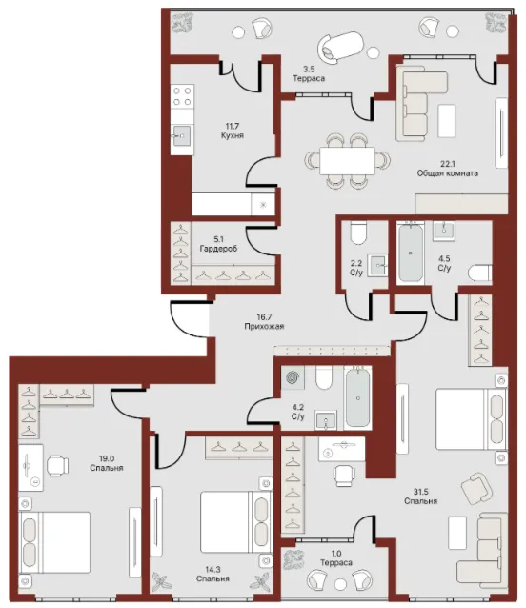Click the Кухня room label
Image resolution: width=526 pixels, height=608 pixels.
pos(233,135)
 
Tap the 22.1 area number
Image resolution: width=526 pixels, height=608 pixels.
pos(447,164)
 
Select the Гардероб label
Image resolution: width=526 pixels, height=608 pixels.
pos(218,249)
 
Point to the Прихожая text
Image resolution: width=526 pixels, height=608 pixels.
pos(264,326)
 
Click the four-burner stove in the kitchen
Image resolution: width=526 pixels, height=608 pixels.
pos(182,96)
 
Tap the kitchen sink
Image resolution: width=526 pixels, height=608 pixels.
pos(182,135)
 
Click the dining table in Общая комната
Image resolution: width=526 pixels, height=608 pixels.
pos(347,160)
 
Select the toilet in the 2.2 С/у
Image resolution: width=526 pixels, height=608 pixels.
pos(358,233)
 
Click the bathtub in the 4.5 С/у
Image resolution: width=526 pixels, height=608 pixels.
pos(411,253)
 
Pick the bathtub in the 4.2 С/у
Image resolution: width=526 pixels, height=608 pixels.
pos(358,397)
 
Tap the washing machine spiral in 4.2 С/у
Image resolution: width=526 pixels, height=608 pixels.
pos(293,377)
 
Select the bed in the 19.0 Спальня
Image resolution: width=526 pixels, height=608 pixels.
pos(54,542)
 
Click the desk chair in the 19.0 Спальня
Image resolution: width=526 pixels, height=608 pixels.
pos(58,465)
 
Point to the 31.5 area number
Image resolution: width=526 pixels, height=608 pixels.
pos(420,492)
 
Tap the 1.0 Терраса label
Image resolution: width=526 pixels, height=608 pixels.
pos(336,558)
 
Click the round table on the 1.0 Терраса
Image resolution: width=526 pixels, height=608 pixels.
pos(340,584)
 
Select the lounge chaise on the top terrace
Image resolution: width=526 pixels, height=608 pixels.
pos(340,47)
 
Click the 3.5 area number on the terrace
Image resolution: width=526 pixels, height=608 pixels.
pos(309,70)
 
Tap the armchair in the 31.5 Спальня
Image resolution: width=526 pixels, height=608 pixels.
pos(476,488)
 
